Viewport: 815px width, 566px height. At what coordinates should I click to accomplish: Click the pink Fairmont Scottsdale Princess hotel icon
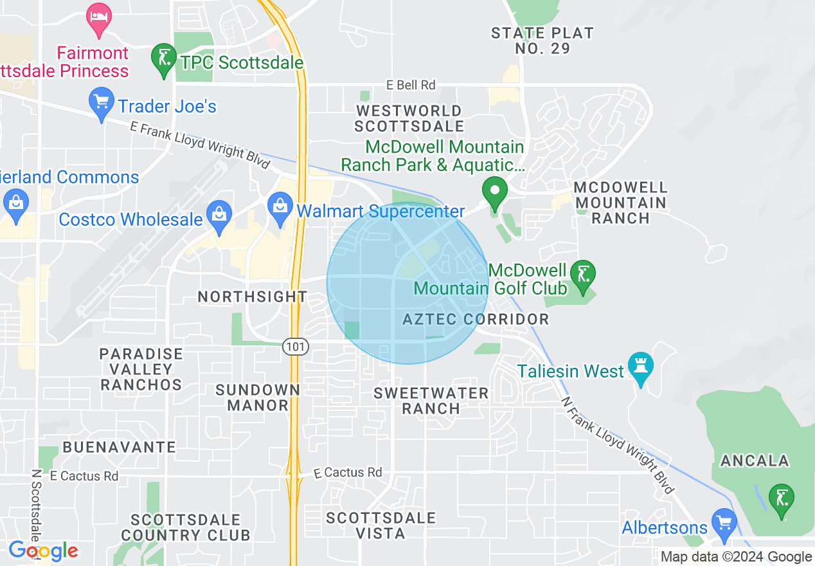pos(98,18)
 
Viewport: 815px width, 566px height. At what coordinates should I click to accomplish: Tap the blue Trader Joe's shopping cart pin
pos(101,104)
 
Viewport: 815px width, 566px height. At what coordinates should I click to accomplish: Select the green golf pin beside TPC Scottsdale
pos(164,60)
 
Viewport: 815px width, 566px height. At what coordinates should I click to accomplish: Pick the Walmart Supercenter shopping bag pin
pos(280,208)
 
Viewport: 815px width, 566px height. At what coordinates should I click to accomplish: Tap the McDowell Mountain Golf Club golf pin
pos(583,276)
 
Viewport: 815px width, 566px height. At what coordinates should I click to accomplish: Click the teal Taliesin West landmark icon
pos(640,367)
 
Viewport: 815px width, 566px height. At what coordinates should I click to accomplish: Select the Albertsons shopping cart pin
pos(724,524)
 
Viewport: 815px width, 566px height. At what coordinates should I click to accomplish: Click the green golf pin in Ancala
pos(782,500)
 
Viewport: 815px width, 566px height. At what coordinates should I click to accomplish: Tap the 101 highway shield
pos(296,347)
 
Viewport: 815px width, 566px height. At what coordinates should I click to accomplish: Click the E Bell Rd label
pos(411,85)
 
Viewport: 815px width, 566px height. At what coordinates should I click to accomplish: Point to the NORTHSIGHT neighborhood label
pos(253,297)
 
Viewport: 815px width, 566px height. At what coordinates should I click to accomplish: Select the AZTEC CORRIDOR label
pos(476,319)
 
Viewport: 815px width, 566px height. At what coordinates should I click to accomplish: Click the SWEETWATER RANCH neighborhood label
pos(431,400)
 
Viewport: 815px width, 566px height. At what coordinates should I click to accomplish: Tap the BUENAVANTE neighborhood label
pos(120,447)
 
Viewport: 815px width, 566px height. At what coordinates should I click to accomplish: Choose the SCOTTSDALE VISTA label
pos(381,525)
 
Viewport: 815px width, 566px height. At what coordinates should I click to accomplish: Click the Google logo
pos(43,551)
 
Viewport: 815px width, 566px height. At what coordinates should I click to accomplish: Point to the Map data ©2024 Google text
pos(737,557)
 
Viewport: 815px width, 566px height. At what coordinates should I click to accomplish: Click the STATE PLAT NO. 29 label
pos(542,41)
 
